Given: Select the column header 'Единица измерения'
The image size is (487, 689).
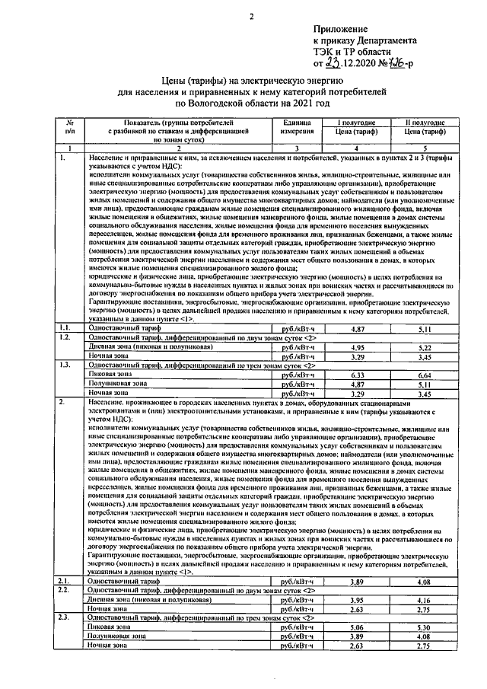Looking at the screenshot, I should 292,126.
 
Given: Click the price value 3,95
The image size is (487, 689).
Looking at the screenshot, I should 354,600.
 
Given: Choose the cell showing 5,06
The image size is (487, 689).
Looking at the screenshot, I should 354,627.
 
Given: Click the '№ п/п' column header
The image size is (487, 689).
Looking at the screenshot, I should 69,126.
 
